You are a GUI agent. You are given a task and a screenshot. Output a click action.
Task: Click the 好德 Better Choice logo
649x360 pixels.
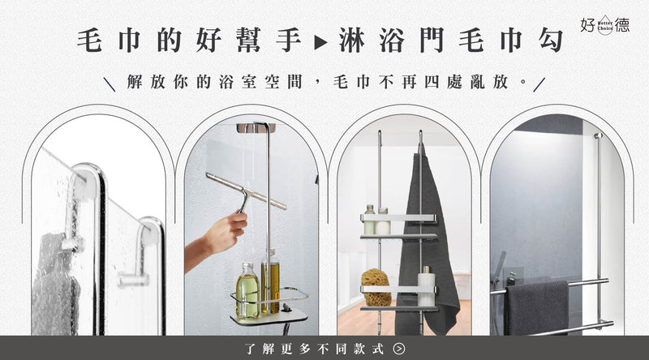tap(604, 26)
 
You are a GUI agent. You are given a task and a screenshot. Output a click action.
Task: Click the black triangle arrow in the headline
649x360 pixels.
tap(321, 42)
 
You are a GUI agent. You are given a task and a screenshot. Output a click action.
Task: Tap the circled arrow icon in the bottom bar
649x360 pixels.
tap(399, 349)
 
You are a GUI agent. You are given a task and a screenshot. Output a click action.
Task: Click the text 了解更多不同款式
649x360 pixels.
tap(315, 349)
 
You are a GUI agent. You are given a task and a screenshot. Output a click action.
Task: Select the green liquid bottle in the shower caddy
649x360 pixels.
tap(248, 291)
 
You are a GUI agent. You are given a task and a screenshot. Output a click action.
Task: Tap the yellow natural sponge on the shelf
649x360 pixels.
tap(376, 287)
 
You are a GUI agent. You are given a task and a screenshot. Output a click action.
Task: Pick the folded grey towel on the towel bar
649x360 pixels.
tap(537, 308)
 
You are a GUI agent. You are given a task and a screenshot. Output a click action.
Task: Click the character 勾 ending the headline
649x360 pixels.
tap(552, 41)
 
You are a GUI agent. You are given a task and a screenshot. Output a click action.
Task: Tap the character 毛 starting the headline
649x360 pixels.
tap(90, 41)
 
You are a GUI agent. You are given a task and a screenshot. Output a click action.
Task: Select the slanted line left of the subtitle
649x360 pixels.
tap(110, 84)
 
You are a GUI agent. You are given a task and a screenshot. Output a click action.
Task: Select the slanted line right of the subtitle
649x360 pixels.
tap(539, 84)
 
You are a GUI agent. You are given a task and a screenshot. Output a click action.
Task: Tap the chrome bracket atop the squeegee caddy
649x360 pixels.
tap(256, 128)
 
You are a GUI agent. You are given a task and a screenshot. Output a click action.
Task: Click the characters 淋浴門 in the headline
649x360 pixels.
tap(392, 41)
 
